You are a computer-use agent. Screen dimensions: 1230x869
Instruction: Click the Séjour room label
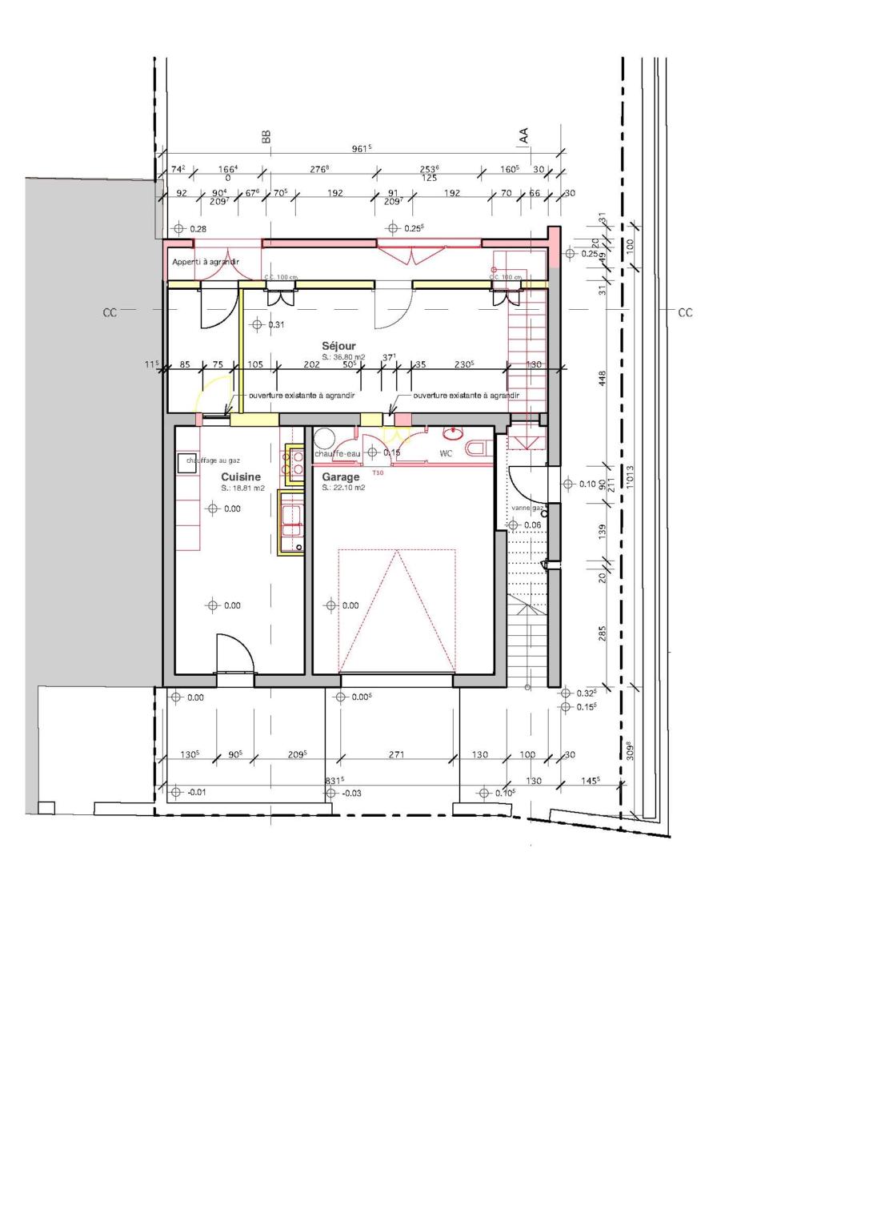[x=338, y=346]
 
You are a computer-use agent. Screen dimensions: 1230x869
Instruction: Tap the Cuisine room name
[x=241, y=476]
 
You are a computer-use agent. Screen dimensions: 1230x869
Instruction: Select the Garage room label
[x=341, y=476]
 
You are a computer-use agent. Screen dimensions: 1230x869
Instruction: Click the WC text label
[x=446, y=453]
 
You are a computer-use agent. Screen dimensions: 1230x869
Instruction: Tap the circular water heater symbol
[x=324, y=437]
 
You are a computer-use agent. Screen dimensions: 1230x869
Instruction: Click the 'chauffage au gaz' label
[x=213, y=460]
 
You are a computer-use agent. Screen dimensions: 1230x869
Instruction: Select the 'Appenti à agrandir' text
[x=206, y=262]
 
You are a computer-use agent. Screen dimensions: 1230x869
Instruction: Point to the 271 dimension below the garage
[x=396, y=754]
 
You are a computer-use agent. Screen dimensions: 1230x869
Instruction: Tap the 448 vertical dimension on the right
[x=603, y=378]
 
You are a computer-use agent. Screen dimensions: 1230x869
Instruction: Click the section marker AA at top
[x=524, y=135]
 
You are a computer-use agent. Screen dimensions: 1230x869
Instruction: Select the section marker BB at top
[x=266, y=137]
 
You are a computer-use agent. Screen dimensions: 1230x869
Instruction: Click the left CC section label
[x=110, y=312]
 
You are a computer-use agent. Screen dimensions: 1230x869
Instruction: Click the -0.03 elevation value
[x=351, y=793]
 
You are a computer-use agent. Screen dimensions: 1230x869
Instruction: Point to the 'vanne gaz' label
[x=527, y=508]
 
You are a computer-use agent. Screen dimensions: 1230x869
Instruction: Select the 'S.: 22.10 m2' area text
[x=343, y=487]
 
